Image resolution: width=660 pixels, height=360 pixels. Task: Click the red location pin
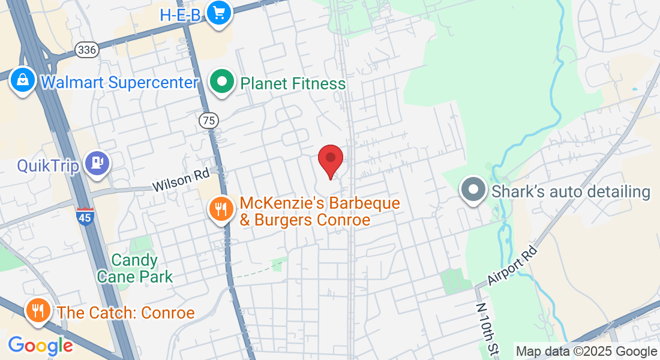[x=330, y=160]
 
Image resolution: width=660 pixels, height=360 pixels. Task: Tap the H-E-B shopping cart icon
[x=218, y=12]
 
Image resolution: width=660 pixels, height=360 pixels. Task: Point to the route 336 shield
[x=87, y=50]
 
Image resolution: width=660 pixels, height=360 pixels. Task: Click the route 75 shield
[x=209, y=121]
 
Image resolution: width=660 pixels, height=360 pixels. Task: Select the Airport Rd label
[x=510, y=265]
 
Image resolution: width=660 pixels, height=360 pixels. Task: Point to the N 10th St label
[x=487, y=331]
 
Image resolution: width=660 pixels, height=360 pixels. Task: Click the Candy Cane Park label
[x=135, y=268]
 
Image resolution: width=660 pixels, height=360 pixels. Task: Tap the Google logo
[x=40, y=346]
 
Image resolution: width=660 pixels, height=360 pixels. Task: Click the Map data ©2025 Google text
[x=586, y=352]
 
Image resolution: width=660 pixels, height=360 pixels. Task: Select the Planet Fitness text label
[x=293, y=83]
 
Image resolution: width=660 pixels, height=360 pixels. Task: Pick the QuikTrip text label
[x=48, y=165]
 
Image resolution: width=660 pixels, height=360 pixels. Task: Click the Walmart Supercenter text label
[x=119, y=82]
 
